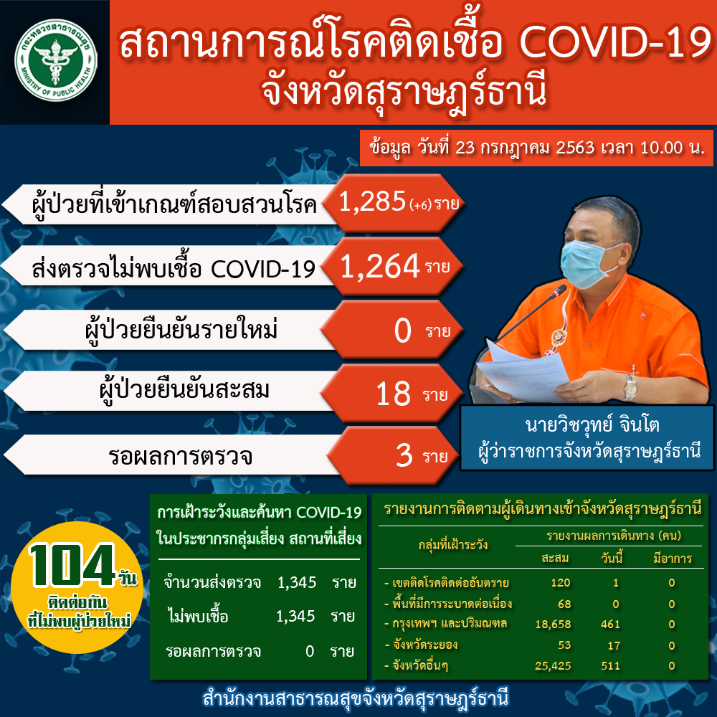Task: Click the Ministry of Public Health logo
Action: coord(55,60)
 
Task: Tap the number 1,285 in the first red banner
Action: coord(372,201)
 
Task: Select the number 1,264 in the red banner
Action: coord(380,266)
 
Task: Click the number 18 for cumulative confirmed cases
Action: coord(393,394)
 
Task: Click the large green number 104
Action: coord(71,565)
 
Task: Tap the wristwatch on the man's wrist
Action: coord(630,386)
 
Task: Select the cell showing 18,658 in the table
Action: coord(553,625)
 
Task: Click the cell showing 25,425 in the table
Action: coord(553,666)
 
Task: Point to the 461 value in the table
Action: coord(610,625)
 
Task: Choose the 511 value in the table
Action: coord(610,666)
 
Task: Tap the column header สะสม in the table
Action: coord(555,559)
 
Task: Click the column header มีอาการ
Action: coord(673,559)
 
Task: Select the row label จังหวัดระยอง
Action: coord(425,645)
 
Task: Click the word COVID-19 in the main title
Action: coord(616,42)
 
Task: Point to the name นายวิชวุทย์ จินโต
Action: coord(592,424)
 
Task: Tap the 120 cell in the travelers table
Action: coord(561,582)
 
